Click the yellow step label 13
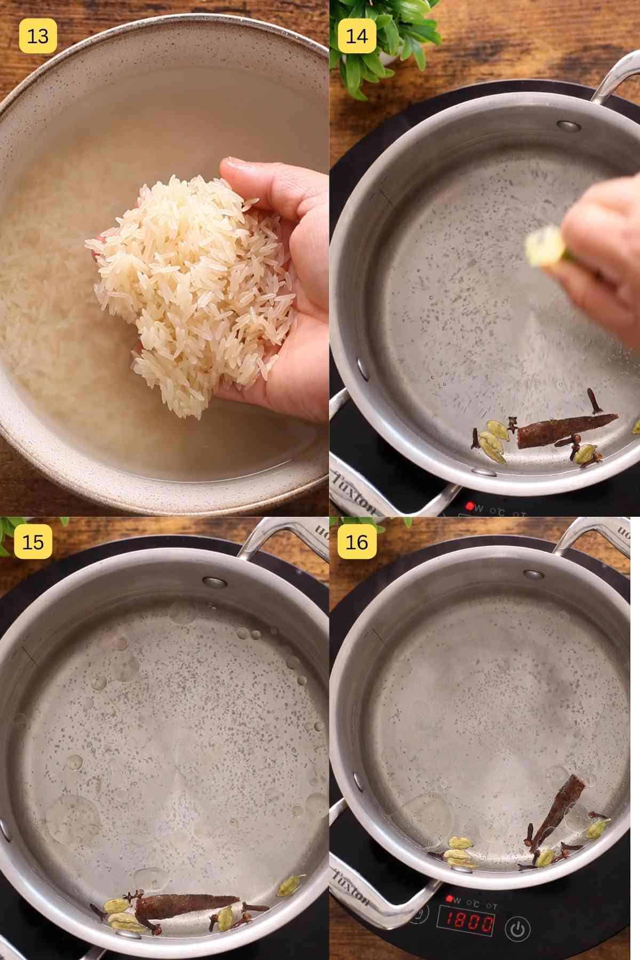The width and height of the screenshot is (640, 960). pos(37,36)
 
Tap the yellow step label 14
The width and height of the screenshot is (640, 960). pos(357,36)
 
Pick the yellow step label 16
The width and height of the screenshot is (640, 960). pos(357,542)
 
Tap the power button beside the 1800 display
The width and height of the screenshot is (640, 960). pos(517,929)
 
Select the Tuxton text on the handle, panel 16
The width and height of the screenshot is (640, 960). pos(352,885)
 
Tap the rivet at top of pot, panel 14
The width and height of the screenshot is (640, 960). pos(569,126)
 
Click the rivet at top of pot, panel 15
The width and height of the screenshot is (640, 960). pos(215,582)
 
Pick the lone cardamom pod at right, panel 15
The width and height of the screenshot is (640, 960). pos(288,886)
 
